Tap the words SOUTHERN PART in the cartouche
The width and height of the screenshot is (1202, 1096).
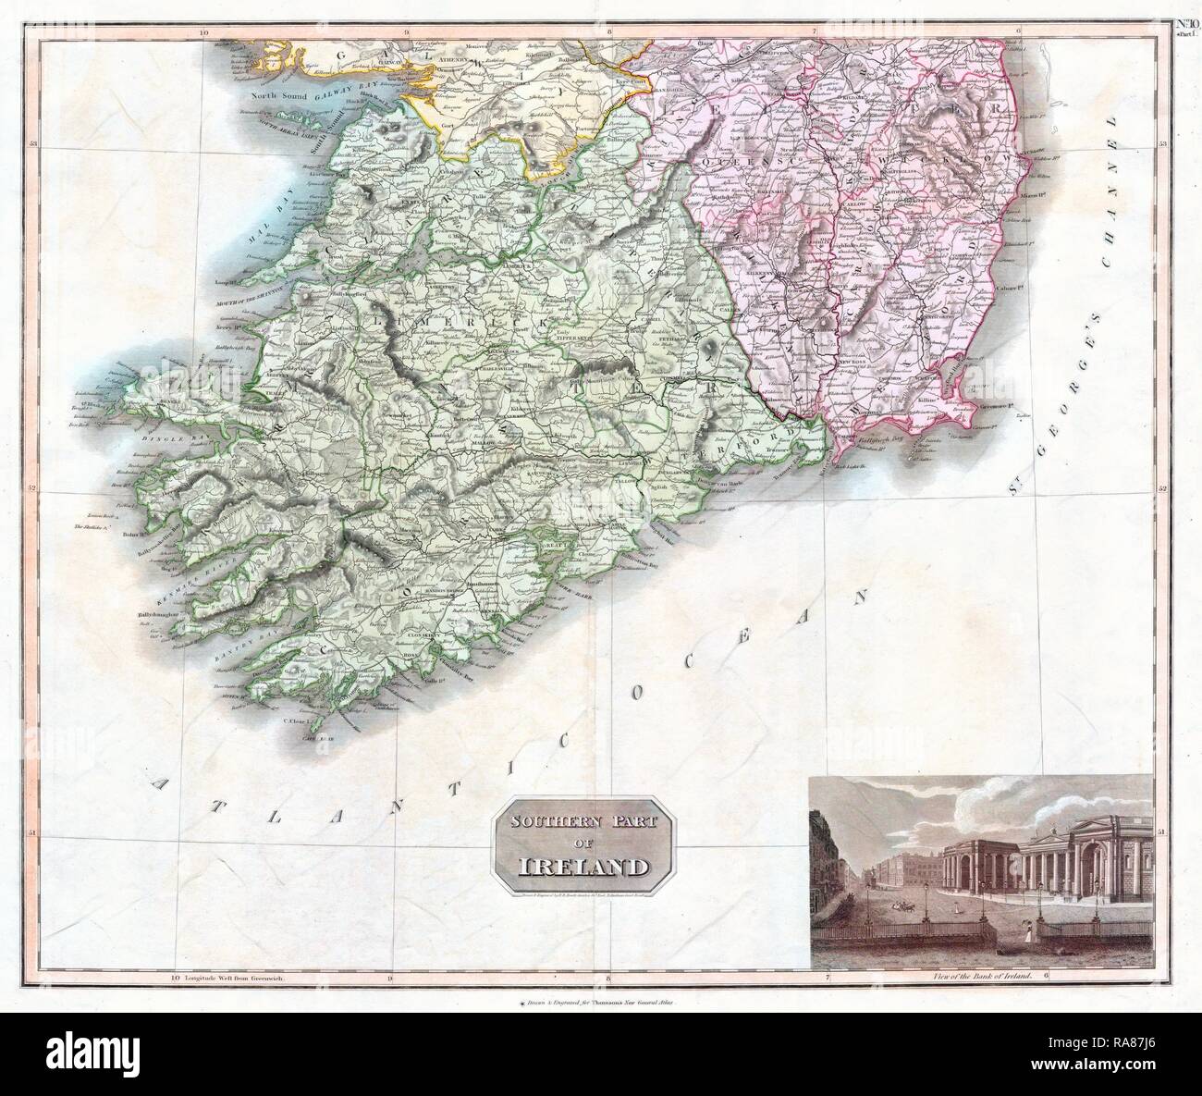click(x=583, y=821)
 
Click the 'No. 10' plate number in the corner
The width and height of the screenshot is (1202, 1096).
click(x=1183, y=23)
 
